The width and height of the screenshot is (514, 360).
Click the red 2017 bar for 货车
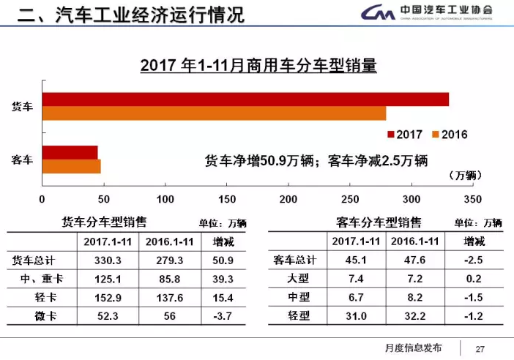[x=245, y=100]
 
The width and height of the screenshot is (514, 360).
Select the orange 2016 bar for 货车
[x=214, y=113]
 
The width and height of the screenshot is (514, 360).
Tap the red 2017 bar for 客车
[x=70, y=152]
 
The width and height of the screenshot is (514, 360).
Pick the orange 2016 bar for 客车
[x=71, y=165]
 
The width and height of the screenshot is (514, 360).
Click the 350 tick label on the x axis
[x=474, y=199]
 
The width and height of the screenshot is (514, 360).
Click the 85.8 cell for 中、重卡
[x=168, y=280]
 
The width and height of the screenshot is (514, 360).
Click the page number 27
[x=480, y=348]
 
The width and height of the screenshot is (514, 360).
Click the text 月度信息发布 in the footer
[x=413, y=348]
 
